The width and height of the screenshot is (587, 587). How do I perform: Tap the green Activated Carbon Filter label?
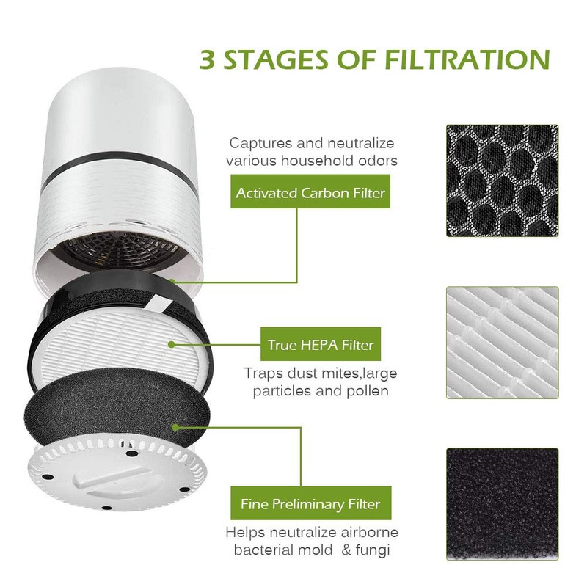[x=310, y=194]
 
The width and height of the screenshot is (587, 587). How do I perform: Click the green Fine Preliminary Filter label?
[x=311, y=504]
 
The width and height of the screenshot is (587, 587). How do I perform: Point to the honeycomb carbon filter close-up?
[x=502, y=181]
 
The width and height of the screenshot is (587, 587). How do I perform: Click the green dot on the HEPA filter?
[x=172, y=343]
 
